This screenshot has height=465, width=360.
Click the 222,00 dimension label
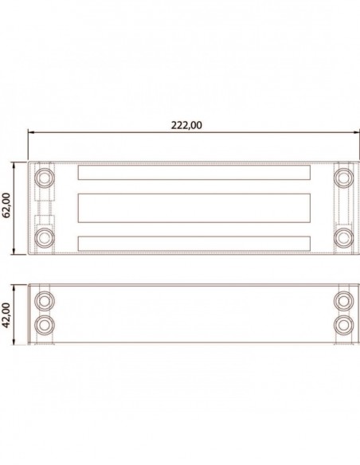tap(186, 125)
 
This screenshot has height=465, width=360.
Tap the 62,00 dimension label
tap(6, 205)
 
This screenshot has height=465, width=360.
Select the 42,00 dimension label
tap(6, 315)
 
